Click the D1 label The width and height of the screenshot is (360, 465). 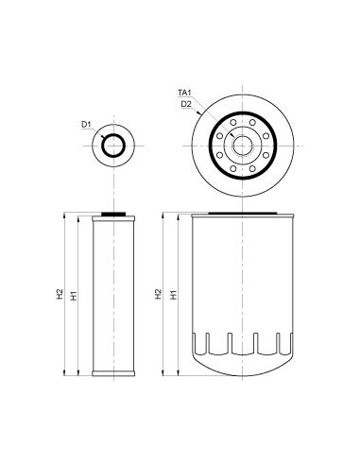(86, 124)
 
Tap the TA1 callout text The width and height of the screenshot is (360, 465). (184, 93)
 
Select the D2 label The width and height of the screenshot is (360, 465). (186, 104)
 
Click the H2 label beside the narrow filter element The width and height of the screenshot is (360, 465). (60, 294)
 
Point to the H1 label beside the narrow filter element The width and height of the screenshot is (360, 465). (74, 296)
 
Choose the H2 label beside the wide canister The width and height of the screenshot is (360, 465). (158, 294)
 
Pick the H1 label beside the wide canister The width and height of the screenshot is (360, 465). (174, 295)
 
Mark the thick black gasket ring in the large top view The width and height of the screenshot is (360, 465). (243, 112)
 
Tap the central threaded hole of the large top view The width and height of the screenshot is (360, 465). (243, 146)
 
